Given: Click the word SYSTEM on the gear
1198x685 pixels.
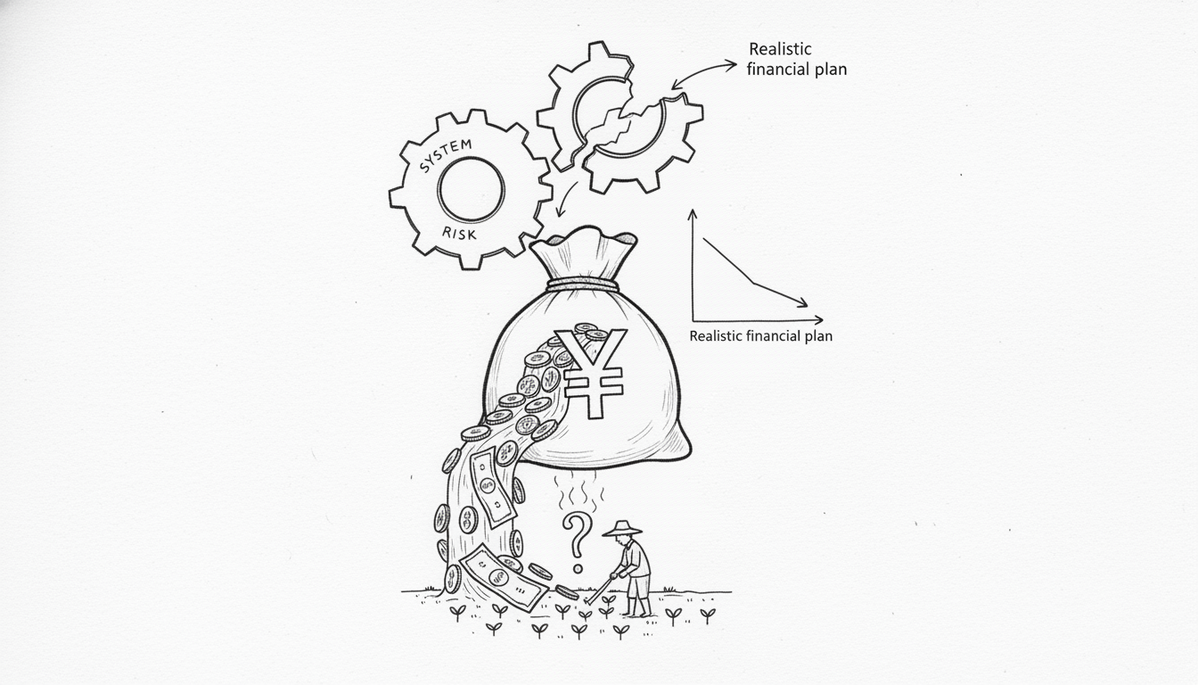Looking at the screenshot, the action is pos(446,156).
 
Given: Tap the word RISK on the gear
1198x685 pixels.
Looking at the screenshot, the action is pos(459,234).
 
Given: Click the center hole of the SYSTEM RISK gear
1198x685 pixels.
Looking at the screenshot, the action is pos(471,189).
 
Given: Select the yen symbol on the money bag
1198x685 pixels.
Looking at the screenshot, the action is pos(590,373).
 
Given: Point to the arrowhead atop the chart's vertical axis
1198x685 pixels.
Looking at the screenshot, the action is pos(693,214).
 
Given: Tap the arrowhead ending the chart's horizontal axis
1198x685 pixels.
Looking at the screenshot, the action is pos(818,320).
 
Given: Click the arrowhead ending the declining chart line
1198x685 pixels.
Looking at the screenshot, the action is pos(802,303).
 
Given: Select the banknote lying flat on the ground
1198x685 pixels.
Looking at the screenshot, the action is pos(504,577).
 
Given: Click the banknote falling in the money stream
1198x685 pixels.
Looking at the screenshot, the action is pos(493,487).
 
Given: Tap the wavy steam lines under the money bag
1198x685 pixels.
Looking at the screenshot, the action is pos(578,491).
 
